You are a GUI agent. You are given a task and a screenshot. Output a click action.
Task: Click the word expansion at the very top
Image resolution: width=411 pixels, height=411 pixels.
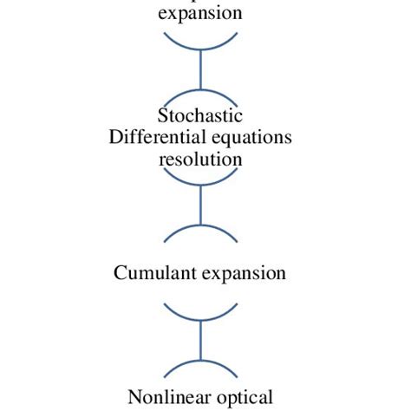(x=200, y=13)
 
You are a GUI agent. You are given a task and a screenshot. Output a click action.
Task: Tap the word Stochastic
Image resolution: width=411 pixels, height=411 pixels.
(x=200, y=116)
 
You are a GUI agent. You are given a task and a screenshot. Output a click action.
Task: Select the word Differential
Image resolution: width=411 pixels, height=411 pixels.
(x=153, y=138)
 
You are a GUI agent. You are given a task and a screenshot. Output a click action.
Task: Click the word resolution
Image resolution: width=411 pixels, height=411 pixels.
(x=200, y=160)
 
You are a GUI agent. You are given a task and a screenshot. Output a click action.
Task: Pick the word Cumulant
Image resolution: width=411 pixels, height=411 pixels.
(x=154, y=273)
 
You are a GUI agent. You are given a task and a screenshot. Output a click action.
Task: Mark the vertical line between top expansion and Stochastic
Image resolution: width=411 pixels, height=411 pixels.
(x=201, y=69)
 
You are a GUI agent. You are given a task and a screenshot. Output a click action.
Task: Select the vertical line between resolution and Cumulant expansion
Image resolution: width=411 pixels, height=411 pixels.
(x=201, y=205)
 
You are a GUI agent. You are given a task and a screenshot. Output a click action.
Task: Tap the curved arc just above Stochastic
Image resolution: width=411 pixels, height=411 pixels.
(x=201, y=92)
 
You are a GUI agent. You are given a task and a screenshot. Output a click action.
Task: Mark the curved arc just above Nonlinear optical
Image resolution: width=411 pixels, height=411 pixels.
(x=201, y=362)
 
